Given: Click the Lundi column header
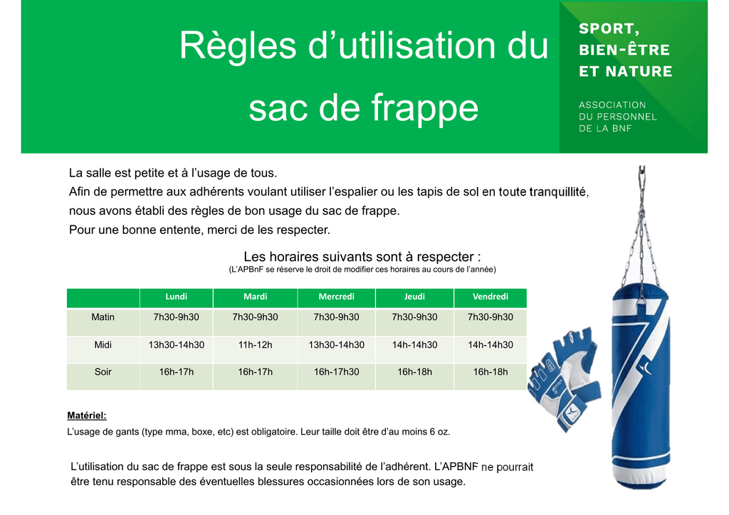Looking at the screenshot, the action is point(177,297).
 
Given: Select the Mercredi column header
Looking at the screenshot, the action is point(336,297).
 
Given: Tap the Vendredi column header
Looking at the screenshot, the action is point(491,297).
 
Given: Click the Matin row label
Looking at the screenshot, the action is point(103,317).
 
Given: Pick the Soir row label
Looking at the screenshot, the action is point(103,372).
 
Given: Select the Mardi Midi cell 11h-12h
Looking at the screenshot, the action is point(256,345).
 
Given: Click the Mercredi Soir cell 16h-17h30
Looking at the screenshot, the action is point(336,372).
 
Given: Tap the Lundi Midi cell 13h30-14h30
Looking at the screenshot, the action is point(177,345).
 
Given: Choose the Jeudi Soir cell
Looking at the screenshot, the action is point(415,372).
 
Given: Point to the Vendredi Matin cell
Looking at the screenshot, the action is point(491,317).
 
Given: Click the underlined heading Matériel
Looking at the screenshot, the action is point(87,415).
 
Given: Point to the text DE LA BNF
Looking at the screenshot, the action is point(605,129).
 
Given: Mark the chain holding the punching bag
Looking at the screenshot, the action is point(641,232).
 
